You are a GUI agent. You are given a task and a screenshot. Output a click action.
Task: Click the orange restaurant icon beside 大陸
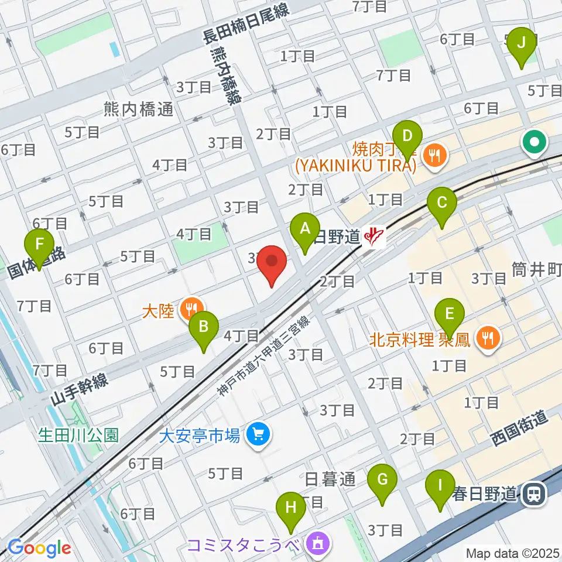point(191,307)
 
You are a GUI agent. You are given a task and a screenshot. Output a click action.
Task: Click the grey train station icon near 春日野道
point(535,495)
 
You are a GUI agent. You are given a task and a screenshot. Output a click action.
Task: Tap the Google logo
point(39,549)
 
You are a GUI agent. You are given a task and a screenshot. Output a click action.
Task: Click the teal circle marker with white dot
point(535,142)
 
